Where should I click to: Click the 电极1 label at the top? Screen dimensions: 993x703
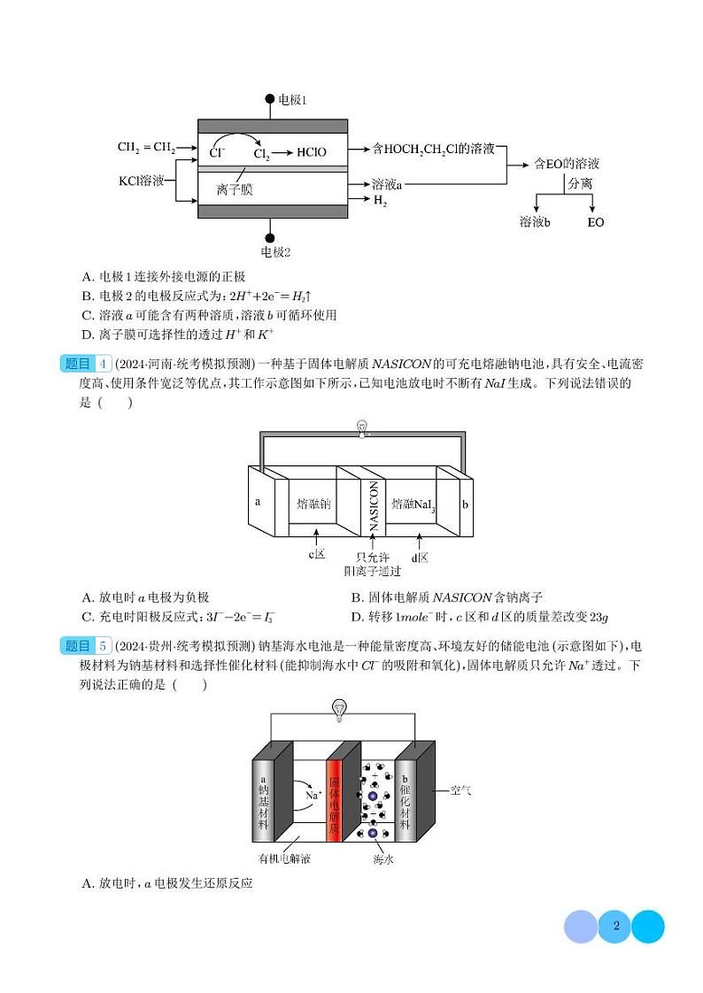292,100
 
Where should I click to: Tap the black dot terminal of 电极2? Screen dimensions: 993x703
270,237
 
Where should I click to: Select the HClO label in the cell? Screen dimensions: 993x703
312,152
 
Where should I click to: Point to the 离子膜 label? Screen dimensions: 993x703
234,189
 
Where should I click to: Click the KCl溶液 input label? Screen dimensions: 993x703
142,181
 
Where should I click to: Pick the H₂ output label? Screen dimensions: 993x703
380,202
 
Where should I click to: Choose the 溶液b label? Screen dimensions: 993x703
535,222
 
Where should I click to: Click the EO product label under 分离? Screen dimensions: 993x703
595,222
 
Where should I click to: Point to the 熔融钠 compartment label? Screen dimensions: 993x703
313,504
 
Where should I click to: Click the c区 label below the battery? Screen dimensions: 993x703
317,555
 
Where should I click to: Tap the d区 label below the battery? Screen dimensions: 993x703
420,557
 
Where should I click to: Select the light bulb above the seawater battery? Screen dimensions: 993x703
339,707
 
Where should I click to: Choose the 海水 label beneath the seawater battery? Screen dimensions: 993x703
382,858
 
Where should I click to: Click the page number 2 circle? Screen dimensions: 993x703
614,927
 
